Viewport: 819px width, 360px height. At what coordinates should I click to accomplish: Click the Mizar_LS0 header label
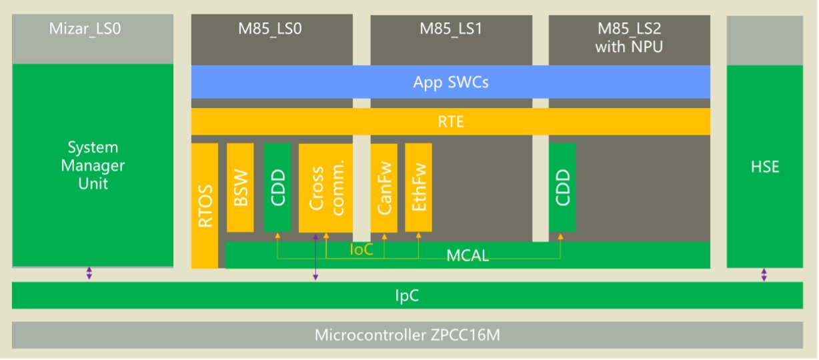click(85, 29)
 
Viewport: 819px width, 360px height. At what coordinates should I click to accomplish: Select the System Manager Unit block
click(93, 165)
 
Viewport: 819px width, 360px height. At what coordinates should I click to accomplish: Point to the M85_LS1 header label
click(451, 29)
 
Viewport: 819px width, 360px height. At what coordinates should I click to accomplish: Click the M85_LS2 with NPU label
click(629, 37)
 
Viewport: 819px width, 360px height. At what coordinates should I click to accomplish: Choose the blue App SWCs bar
click(451, 82)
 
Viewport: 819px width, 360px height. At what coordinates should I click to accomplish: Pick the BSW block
click(240, 187)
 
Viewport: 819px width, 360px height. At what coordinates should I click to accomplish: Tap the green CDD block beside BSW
click(277, 187)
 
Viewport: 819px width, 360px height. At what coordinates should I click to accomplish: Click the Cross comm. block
click(325, 187)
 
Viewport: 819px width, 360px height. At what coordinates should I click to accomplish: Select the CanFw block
click(383, 187)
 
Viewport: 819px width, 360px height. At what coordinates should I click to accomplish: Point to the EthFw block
click(418, 187)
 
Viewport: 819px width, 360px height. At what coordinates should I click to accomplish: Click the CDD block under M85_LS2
click(562, 187)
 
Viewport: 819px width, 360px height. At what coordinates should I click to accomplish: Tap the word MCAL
click(467, 255)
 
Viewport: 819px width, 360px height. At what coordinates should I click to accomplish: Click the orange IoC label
click(361, 250)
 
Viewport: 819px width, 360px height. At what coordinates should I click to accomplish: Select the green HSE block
click(764, 167)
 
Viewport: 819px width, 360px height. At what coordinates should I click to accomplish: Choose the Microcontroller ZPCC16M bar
click(407, 335)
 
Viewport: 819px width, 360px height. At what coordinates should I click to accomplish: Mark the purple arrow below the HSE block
click(764, 275)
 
